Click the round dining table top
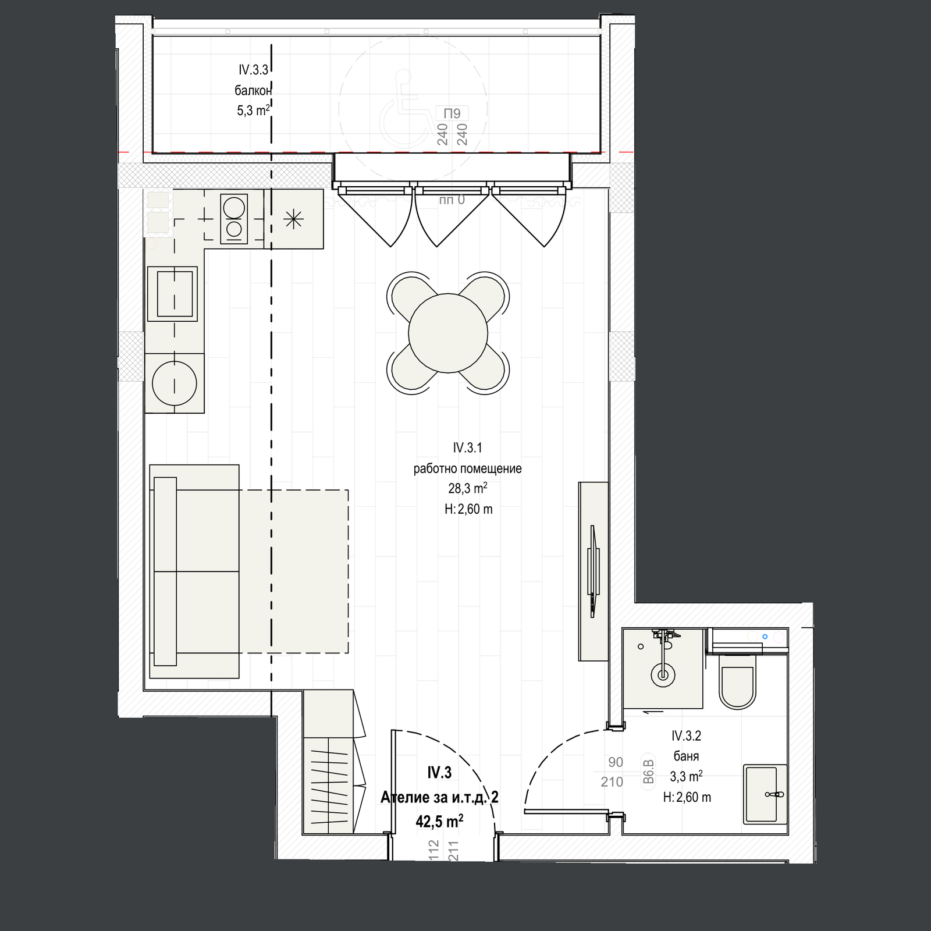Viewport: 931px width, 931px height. pyautogui.click(x=448, y=332)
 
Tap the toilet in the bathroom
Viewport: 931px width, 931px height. pyautogui.click(x=738, y=681)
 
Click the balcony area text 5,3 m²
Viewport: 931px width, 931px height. pyautogui.click(x=253, y=111)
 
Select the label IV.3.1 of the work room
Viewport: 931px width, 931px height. pyautogui.click(x=467, y=448)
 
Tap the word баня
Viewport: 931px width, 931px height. pyautogui.click(x=686, y=756)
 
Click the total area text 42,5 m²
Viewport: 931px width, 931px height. pyautogui.click(x=439, y=821)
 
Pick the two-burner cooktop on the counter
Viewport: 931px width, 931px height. pyautogui.click(x=233, y=218)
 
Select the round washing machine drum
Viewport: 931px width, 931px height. pyautogui.click(x=175, y=383)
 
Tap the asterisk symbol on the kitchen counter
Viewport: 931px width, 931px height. pyautogui.click(x=294, y=219)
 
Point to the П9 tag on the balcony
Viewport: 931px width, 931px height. pyautogui.click(x=452, y=113)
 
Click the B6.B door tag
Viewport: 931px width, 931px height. pyautogui.click(x=649, y=772)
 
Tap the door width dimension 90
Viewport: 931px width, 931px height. pyautogui.click(x=615, y=762)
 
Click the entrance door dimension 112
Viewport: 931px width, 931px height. pyautogui.click(x=432, y=852)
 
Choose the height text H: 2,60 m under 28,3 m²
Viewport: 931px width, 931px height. pyautogui.click(x=468, y=509)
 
